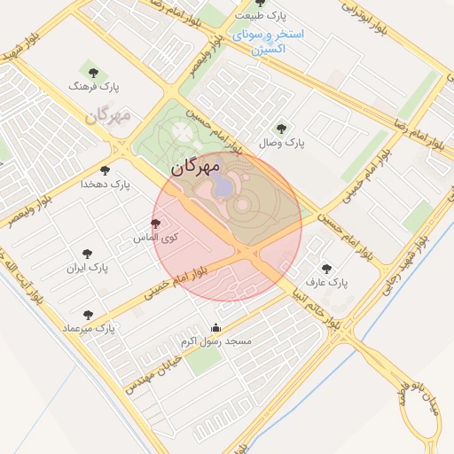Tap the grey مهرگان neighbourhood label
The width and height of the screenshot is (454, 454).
point(108,116)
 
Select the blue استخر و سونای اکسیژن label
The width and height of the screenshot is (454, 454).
point(270,42)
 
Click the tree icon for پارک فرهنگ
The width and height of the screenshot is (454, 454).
point(92,70)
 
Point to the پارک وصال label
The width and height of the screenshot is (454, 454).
point(281,142)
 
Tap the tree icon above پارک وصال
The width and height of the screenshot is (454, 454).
point(281,129)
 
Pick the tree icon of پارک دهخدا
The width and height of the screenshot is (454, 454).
point(105,170)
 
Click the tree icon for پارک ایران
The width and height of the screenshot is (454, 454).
point(86,254)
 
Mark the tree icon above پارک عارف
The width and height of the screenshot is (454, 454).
point(326,269)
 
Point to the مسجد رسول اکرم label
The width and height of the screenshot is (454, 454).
point(215,340)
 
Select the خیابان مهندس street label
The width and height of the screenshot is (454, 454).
point(154,372)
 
